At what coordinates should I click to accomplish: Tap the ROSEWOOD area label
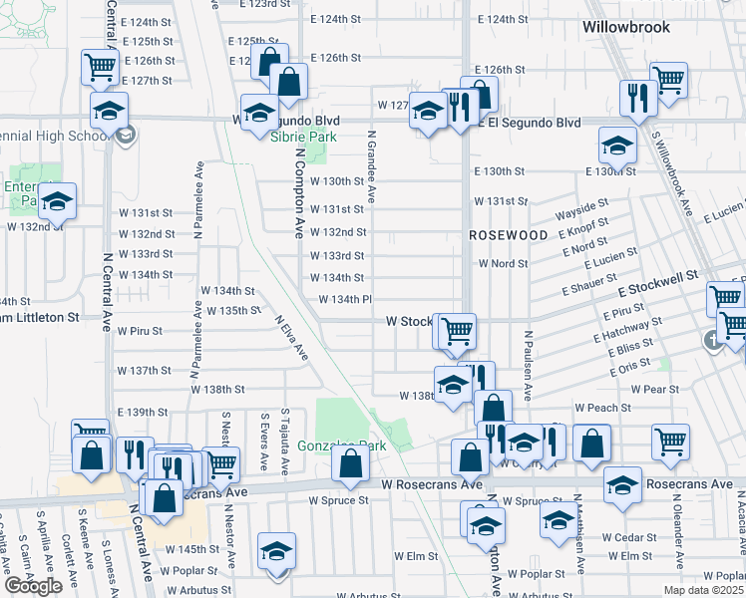(x=509, y=234)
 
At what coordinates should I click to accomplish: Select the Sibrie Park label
(x=303, y=137)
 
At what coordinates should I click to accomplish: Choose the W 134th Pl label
(x=345, y=300)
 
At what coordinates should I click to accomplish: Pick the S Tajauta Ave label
(x=285, y=438)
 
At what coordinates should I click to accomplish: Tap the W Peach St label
(x=602, y=408)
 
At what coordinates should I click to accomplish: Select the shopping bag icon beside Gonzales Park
(x=350, y=463)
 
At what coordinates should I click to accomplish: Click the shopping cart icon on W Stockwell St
(x=457, y=331)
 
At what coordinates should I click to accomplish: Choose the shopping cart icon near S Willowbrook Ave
(x=667, y=80)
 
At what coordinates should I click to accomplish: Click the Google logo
(x=33, y=586)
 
